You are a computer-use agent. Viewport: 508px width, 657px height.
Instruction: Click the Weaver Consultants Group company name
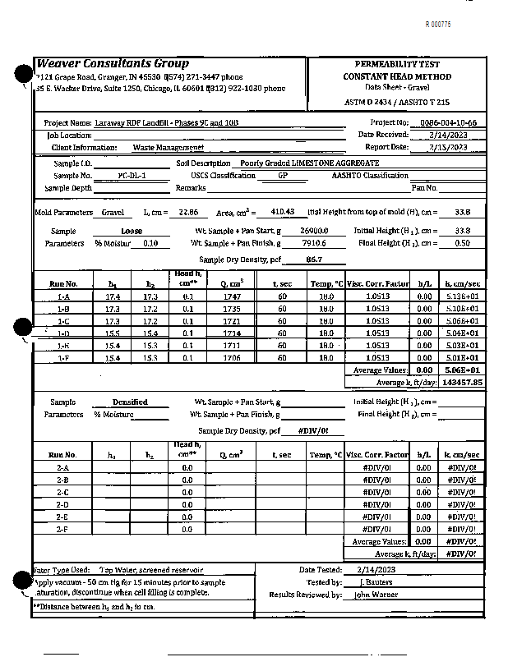pyautogui.click(x=113, y=64)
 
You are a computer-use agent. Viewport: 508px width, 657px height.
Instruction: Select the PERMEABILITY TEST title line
pyautogui.click(x=397, y=64)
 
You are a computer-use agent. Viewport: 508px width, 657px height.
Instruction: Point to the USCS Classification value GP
pyautogui.click(x=282, y=176)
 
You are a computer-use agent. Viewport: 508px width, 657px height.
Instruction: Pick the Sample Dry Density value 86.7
pyautogui.click(x=313, y=260)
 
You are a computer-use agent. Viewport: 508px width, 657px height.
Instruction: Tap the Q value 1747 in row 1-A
pyautogui.click(x=231, y=296)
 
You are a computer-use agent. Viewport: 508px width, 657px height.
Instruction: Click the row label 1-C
pyautogui.click(x=63, y=321)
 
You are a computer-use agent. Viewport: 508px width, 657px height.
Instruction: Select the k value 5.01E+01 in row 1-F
pyautogui.click(x=461, y=358)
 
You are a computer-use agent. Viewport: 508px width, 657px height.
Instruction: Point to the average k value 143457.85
pyautogui.click(x=461, y=383)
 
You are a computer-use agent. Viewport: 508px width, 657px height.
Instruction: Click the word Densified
pyautogui.click(x=130, y=402)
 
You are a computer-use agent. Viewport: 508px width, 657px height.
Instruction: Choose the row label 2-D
pyautogui.click(x=62, y=504)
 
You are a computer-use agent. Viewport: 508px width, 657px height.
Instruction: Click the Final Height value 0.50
pyautogui.click(x=462, y=244)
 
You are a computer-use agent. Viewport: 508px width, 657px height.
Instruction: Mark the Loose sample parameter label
pyautogui.click(x=132, y=232)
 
